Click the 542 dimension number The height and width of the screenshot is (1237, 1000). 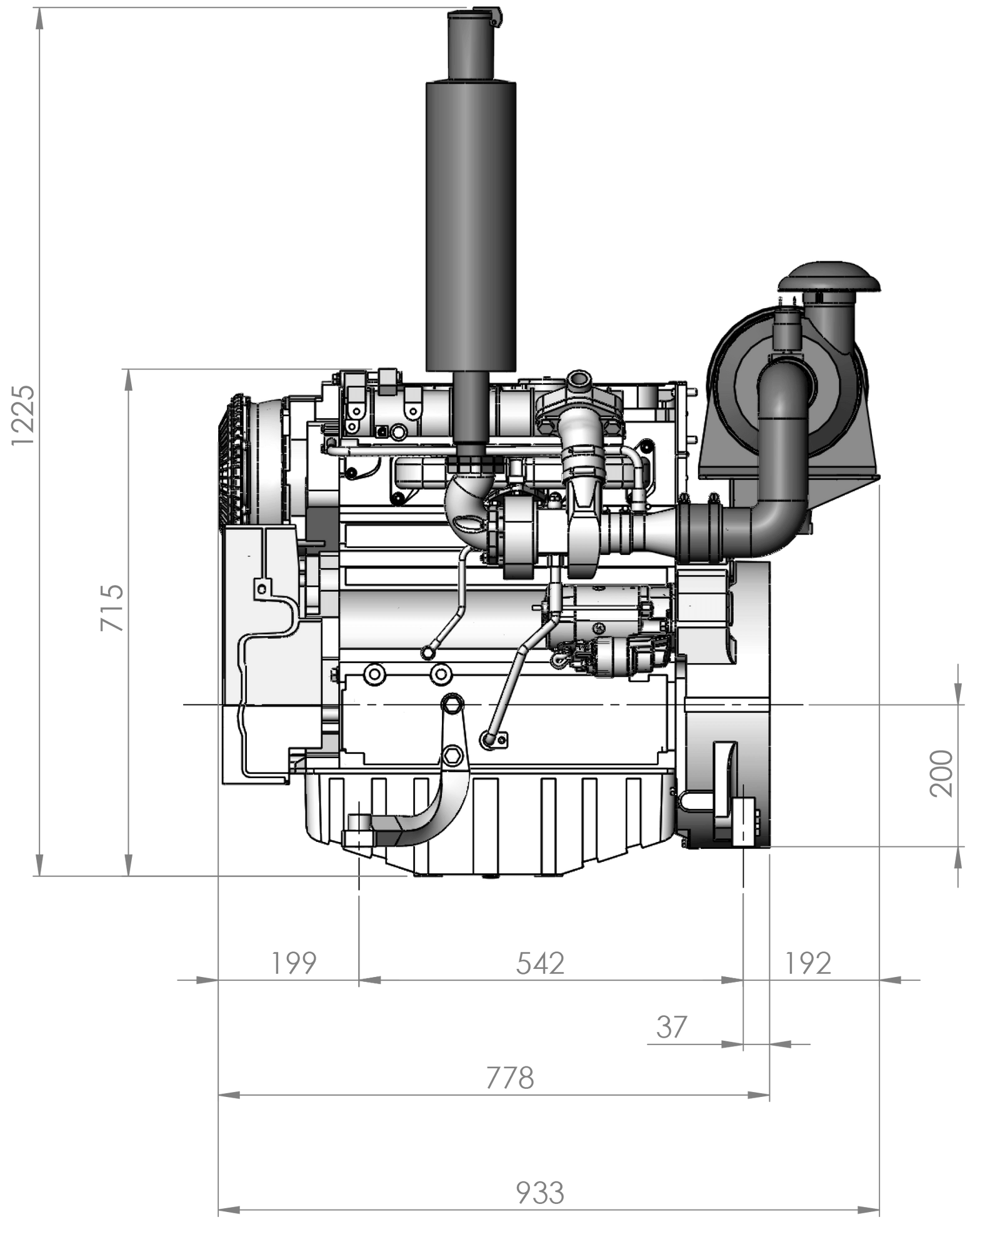pyautogui.click(x=540, y=963)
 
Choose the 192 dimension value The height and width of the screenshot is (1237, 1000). pyautogui.click(x=808, y=963)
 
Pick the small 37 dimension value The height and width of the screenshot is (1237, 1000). pyautogui.click(x=672, y=1027)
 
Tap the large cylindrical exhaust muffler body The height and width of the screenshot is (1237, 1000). pyautogui.click(x=471, y=225)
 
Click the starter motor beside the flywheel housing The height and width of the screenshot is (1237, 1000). pyautogui.click(x=609, y=631)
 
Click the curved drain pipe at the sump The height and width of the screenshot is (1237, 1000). pyautogui.click(x=431, y=813)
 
